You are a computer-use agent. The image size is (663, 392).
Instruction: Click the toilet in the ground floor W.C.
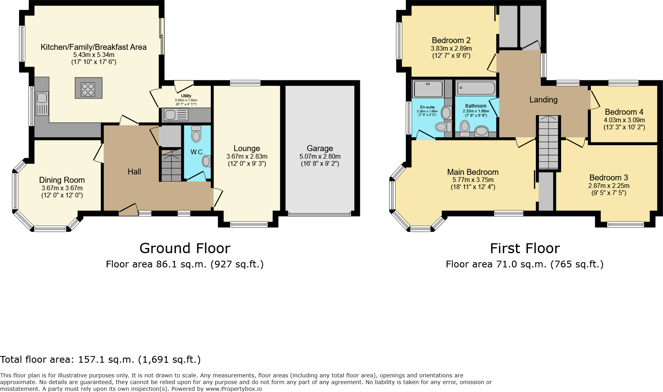point(196,134)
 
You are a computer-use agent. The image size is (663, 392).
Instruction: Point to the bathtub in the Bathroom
point(476,88)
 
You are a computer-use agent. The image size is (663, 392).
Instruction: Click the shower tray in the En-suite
point(428,89)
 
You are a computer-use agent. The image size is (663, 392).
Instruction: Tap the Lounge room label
point(246,148)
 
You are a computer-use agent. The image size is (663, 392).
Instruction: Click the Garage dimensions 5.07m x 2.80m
point(320,156)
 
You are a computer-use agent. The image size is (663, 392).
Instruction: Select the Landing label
point(543,100)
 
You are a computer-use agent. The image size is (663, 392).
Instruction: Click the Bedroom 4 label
point(624,112)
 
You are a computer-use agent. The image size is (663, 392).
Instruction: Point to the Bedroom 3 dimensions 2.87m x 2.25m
point(608,186)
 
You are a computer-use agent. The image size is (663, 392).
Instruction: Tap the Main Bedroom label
point(473,172)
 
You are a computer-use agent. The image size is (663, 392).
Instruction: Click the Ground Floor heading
point(185,248)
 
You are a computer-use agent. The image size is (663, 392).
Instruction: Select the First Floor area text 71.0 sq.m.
point(524,264)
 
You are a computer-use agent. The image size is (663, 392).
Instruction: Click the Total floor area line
point(100,360)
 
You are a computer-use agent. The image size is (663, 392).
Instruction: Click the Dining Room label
point(62,180)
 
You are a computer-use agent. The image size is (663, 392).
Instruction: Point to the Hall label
point(134,172)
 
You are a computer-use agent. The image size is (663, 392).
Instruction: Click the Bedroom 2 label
point(451,40)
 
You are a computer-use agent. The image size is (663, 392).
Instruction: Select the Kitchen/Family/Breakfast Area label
point(94,47)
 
